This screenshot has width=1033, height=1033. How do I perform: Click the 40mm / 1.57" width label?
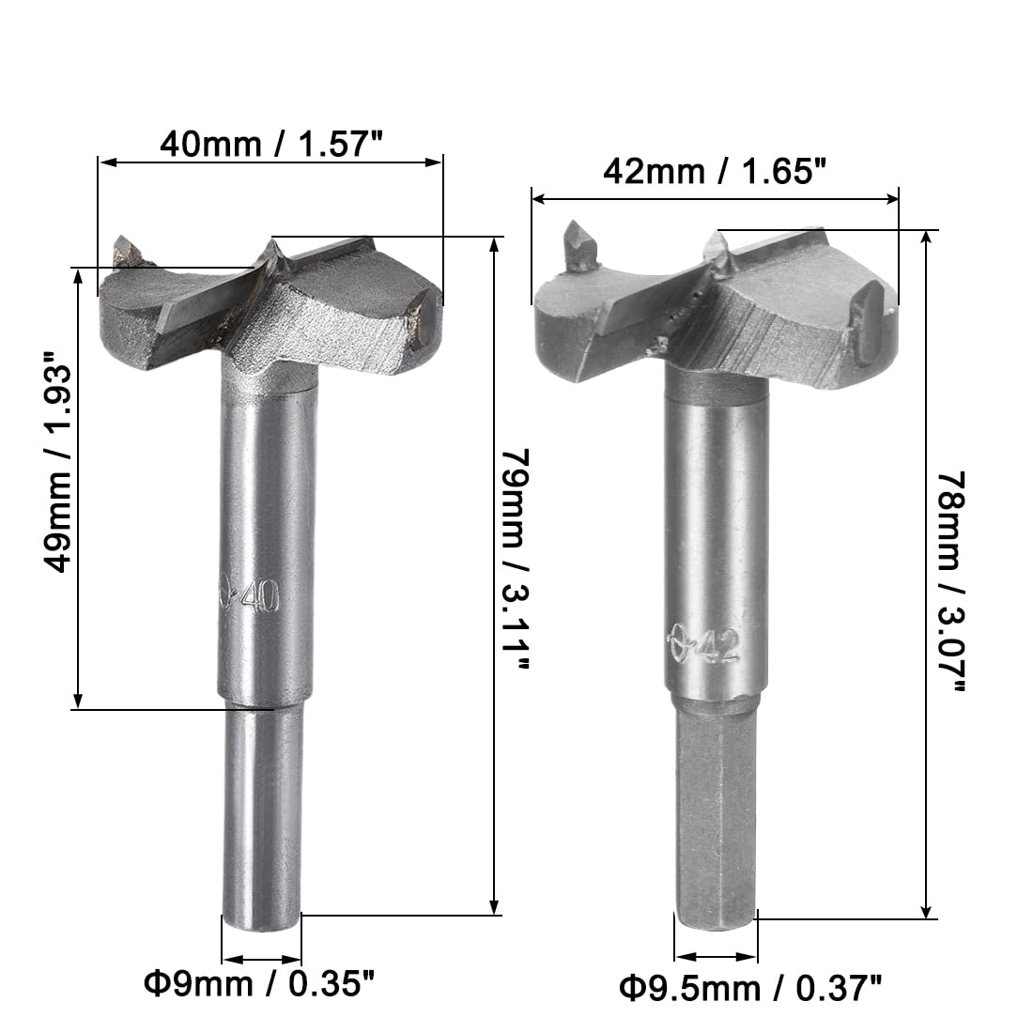(270, 143)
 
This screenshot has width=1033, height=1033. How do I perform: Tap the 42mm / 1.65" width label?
(714, 172)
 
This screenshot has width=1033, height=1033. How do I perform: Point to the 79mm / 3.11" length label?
(516, 560)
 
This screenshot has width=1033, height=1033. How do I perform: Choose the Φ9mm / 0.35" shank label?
(259, 984)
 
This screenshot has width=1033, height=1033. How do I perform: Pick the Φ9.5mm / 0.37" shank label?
(749, 989)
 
